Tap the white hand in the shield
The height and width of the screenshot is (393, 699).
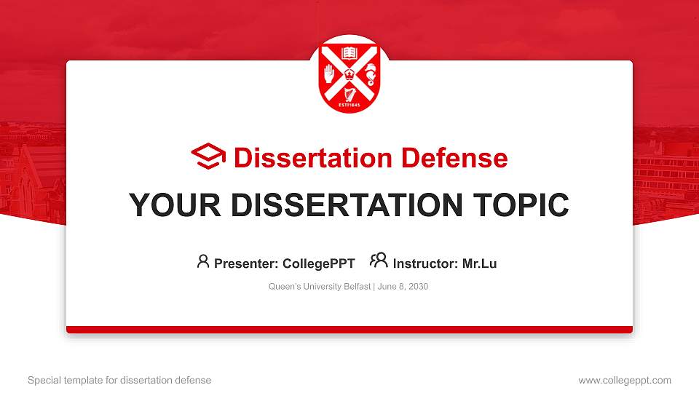(330, 73)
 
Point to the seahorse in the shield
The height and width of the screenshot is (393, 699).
(369, 73)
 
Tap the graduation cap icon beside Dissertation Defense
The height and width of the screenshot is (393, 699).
(209, 156)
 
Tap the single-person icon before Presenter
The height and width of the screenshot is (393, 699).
(203, 261)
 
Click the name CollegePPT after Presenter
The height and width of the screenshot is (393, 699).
(319, 263)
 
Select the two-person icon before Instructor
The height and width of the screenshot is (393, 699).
(379, 261)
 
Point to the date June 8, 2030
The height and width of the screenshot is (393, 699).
(403, 287)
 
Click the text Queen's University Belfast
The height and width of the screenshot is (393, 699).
(320, 287)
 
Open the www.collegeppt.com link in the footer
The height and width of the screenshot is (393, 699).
(624, 380)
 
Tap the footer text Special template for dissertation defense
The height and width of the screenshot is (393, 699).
(119, 380)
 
